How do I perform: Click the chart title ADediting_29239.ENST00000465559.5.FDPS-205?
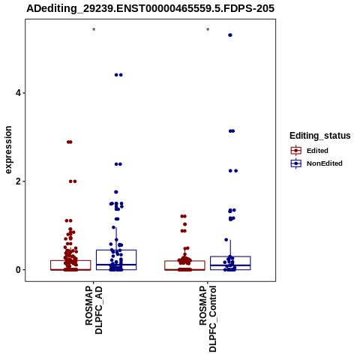[x=151, y=8]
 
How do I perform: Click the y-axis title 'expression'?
[x=8, y=150]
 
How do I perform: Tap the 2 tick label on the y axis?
[x=19, y=181]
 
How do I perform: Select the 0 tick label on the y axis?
[x=19, y=270]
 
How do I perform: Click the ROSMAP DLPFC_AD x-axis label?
[x=94, y=310]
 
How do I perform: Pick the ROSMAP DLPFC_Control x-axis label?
[x=208, y=319]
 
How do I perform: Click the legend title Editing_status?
[x=320, y=136]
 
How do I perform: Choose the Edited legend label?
[x=317, y=151]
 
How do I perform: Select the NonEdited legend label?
[x=325, y=163]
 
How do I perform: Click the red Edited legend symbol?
[x=296, y=151]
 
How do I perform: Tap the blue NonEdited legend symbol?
[x=296, y=163]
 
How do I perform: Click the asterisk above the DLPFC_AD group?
[x=94, y=29]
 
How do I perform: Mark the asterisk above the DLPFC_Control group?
[x=208, y=29]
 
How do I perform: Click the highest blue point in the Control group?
[x=230, y=35]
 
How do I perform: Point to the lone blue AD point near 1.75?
[x=116, y=192]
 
